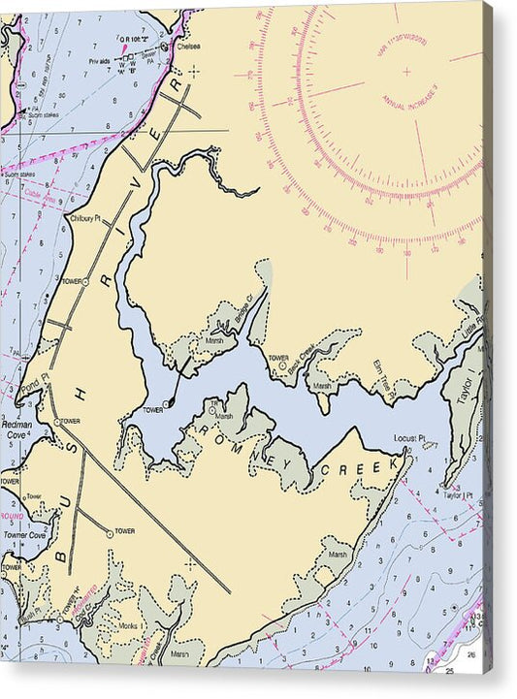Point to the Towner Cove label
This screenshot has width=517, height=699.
pos(23,534)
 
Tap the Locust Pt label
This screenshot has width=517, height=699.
pos(410,438)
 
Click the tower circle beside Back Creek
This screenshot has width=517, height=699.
pos(282,365)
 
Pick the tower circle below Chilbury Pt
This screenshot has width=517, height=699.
pos(85,281)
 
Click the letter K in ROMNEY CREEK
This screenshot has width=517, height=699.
pos(393,464)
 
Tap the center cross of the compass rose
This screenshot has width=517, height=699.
pos(405,71)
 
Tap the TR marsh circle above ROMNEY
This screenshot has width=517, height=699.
pos(212,409)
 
